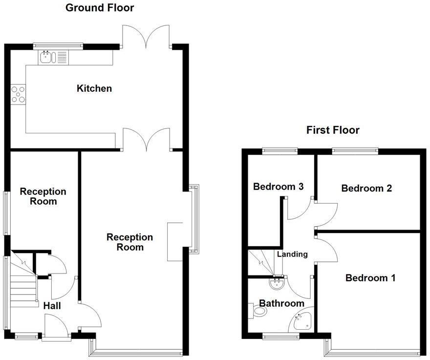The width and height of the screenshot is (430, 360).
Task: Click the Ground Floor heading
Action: pos(99,8)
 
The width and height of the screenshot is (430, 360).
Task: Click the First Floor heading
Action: pos(333,130)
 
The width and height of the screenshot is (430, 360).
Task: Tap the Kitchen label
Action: pos(94,88)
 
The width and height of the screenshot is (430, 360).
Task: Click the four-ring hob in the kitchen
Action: pos(19,94)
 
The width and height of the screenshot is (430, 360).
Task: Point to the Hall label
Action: pos(52,306)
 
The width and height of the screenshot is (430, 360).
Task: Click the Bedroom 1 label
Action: pos(370,278)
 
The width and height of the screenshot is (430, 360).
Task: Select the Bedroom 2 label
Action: pos(366,188)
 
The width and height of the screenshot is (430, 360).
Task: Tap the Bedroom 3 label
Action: pos(279,186)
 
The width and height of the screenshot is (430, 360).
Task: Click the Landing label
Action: pos(292,254)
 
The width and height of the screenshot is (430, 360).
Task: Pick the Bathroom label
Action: pos(281,303)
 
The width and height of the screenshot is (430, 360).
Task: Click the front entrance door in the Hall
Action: pos(53,324)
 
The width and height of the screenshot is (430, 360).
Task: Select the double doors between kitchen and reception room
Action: pos(147,139)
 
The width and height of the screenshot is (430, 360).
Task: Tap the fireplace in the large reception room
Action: pos(174,242)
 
